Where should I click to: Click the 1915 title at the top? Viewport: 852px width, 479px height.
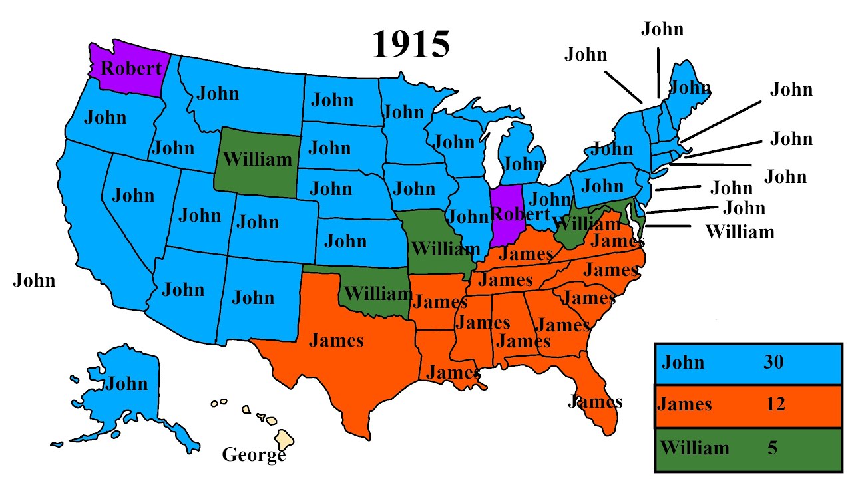tap(411, 44)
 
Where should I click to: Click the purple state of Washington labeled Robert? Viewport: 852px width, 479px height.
tap(130, 69)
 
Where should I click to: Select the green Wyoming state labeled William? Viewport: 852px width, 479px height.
tap(257, 160)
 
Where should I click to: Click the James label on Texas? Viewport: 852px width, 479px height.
tap(336, 341)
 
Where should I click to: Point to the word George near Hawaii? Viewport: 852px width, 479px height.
tap(253, 455)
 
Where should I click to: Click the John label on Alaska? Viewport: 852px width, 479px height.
tap(126, 384)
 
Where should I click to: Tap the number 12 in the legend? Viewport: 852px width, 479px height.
tap(775, 404)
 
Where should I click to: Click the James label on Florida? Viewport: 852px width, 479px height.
tap(594, 401)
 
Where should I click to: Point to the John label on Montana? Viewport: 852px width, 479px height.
tap(218, 93)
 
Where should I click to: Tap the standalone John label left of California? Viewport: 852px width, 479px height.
tap(34, 281)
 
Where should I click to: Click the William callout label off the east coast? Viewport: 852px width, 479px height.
tap(740, 232)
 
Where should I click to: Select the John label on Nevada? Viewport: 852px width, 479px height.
tap(133, 196)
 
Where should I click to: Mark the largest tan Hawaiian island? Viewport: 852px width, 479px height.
tap(286, 439)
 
